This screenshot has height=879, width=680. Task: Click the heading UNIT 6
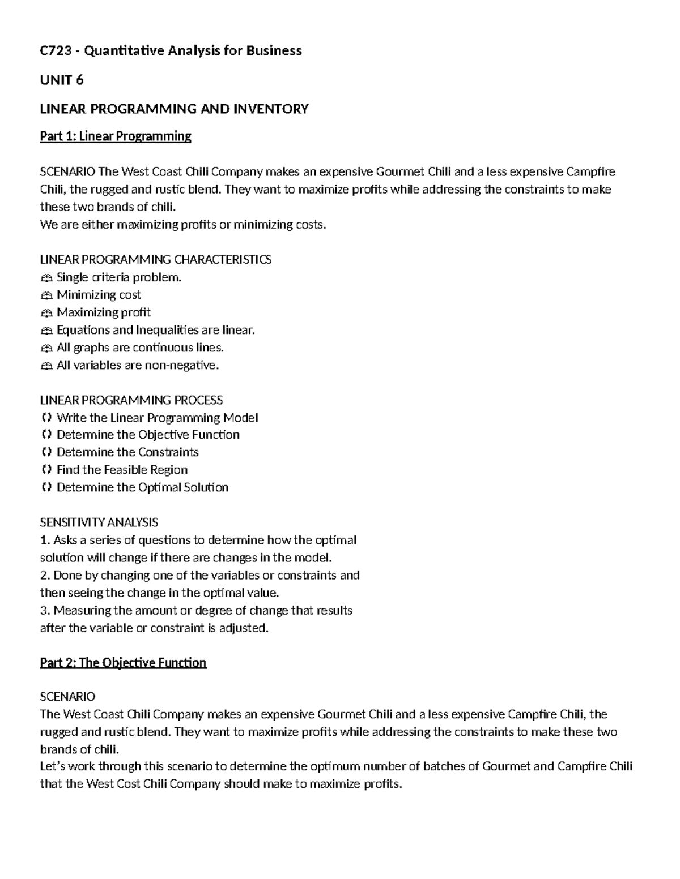pos(61,80)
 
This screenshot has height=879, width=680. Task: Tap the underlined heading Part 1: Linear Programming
pos(116,136)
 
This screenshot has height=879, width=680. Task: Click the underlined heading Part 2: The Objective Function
pos(123,663)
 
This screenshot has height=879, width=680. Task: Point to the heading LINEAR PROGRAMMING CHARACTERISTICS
pos(155,260)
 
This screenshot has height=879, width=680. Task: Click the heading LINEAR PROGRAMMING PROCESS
pos(131,400)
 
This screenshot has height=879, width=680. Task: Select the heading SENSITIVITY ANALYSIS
pos(99,522)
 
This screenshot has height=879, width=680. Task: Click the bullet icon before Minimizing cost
pos(46,295)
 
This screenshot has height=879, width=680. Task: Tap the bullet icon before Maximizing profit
pos(46,313)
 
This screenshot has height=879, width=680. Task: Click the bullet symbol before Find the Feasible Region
pos(46,470)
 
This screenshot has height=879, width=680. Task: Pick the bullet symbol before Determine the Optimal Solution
pos(46,487)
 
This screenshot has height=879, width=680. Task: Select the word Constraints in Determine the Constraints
pos(168,452)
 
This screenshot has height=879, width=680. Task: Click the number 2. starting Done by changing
pos(45,576)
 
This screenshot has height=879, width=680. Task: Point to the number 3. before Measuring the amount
pos(45,611)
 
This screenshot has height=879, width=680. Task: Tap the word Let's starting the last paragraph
pos(53,767)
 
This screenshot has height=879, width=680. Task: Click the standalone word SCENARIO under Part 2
pos(67,697)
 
